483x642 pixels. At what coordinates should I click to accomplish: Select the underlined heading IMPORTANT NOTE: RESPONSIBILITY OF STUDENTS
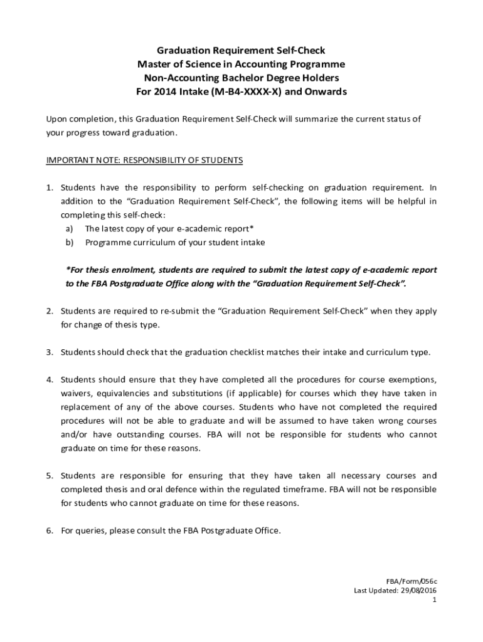click(144, 160)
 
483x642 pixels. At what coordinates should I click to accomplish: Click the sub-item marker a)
click(70, 228)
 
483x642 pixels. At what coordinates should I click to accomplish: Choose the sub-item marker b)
click(70, 242)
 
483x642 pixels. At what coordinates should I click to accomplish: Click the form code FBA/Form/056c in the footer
click(410, 581)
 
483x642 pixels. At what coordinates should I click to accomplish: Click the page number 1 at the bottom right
click(434, 600)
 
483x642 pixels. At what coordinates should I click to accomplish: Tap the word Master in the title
click(154, 64)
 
